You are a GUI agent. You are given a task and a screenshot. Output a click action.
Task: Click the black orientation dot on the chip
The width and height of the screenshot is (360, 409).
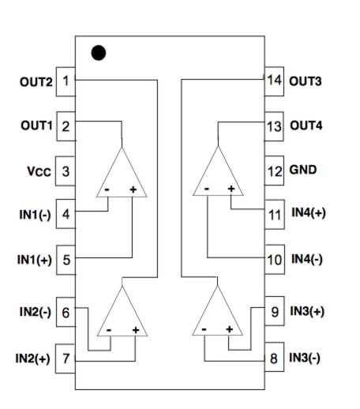[x=99, y=53]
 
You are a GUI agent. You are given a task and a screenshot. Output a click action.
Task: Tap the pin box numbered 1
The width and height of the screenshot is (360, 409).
[x=66, y=81]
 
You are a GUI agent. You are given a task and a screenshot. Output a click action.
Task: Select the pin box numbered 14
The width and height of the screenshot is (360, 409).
[x=274, y=81]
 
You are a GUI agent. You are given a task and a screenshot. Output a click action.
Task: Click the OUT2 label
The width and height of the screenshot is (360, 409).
[x=36, y=82]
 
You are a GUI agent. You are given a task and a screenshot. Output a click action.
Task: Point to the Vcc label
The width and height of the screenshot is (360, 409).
[x=39, y=171]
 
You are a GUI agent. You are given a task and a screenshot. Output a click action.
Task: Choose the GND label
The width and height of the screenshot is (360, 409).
[x=303, y=170]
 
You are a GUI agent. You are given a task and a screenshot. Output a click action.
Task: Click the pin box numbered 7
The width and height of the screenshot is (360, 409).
[x=66, y=358]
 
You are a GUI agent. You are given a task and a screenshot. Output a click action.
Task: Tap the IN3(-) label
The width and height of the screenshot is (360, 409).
[x=305, y=358]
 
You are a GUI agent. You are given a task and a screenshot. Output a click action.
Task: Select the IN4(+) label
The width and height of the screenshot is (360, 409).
[x=309, y=212]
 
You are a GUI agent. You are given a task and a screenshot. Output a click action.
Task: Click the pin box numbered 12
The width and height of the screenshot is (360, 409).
[x=274, y=171]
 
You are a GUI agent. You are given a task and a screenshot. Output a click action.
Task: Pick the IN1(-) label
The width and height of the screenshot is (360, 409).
[x=35, y=215]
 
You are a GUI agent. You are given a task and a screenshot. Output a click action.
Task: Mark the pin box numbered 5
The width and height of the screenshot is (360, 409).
[x=66, y=260]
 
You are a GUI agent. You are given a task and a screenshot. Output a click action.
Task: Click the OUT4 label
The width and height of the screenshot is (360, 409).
[x=306, y=126]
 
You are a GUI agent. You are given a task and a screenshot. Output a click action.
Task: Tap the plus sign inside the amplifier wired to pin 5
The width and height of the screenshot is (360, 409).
[x=133, y=189]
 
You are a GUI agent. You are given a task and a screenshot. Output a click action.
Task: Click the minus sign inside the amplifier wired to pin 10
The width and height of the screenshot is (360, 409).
[x=207, y=189]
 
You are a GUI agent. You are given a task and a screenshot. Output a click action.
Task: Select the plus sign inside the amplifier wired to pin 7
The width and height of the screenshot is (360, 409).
[x=136, y=330]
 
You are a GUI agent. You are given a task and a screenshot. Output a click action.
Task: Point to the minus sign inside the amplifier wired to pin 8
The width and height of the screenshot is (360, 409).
[x=204, y=329]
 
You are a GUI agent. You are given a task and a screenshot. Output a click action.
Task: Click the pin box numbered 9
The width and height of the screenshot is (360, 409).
[x=275, y=311]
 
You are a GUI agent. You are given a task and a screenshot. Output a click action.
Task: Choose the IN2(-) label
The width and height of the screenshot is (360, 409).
[x=36, y=312]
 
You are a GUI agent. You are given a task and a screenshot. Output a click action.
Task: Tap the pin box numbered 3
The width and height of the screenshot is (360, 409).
[x=66, y=171]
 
